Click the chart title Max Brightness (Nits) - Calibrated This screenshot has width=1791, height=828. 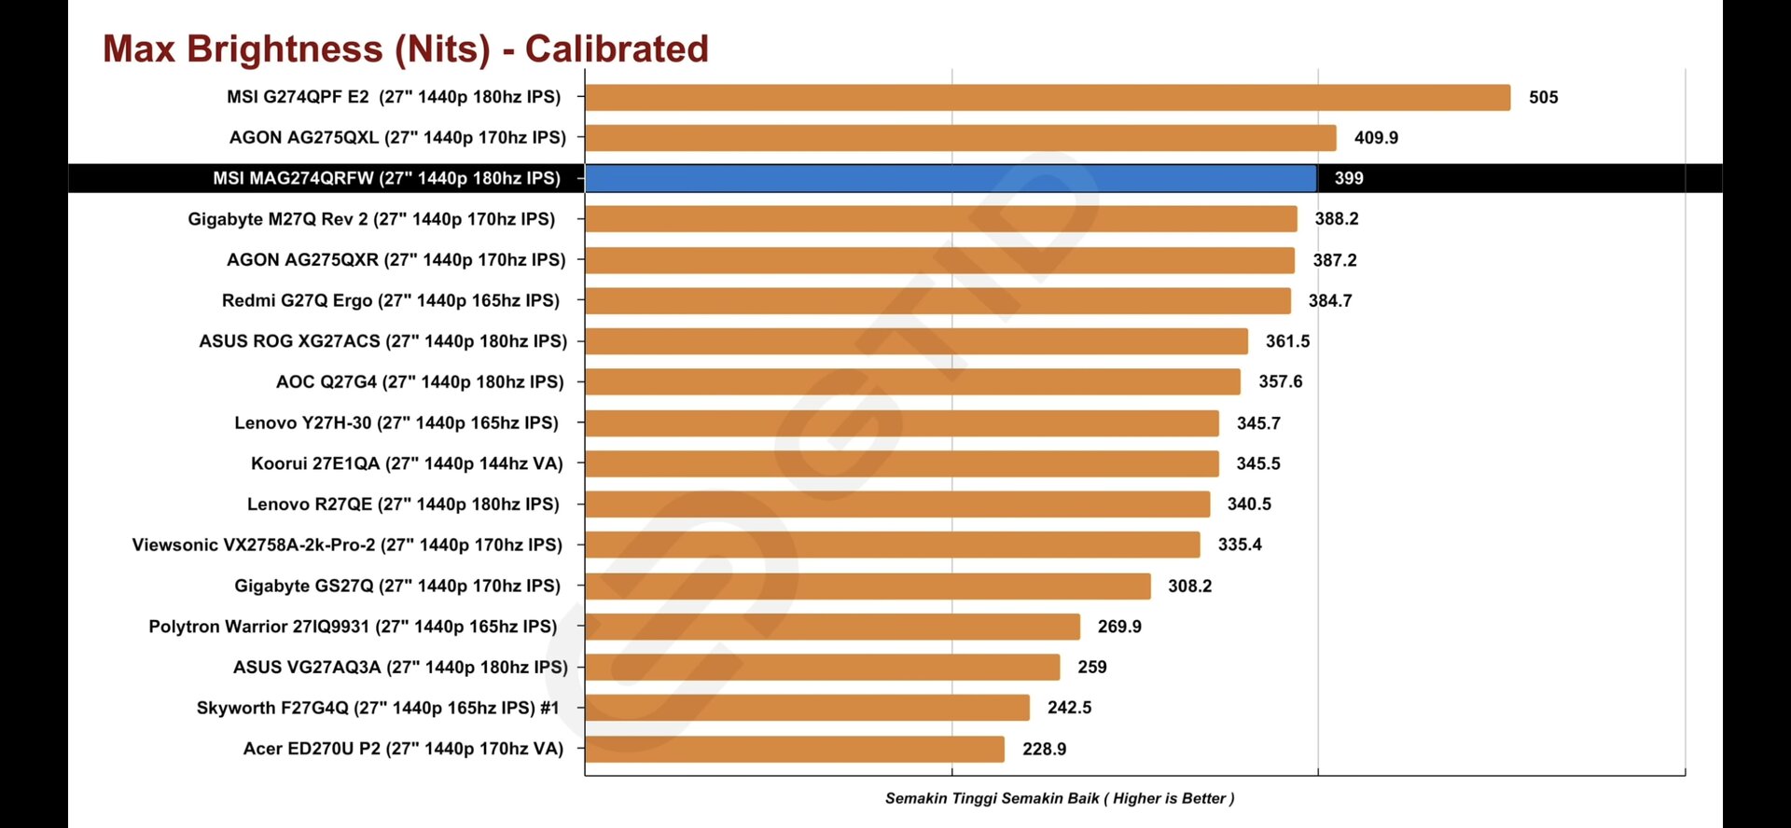(x=406, y=48)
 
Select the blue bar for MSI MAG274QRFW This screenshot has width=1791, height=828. (x=950, y=178)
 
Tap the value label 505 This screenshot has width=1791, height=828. (x=1543, y=97)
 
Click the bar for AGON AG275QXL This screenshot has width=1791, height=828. (x=960, y=138)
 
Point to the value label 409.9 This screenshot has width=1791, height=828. (x=1376, y=138)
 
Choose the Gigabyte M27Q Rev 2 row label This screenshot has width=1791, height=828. (x=371, y=219)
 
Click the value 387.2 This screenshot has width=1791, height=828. (x=1334, y=260)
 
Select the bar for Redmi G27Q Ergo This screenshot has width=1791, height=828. (x=937, y=300)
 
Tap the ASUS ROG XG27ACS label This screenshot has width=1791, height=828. (x=382, y=341)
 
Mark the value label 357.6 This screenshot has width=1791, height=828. (x=1280, y=381)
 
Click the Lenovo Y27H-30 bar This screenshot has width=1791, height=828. (x=901, y=423)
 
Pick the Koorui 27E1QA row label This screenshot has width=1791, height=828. (x=407, y=463)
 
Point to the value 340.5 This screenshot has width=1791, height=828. (x=1249, y=504)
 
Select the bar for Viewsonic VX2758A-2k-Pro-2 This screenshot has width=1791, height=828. (x=892, y=545)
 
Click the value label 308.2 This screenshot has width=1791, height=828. (x=1189, y=586)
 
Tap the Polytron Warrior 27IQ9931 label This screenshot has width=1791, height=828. (x=353, y=627)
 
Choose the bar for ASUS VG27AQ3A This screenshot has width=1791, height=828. (x=822, y=667)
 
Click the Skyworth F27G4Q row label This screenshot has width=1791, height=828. (x=378, y=708)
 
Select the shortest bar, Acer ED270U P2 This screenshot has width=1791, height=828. (x=794, y=749)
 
